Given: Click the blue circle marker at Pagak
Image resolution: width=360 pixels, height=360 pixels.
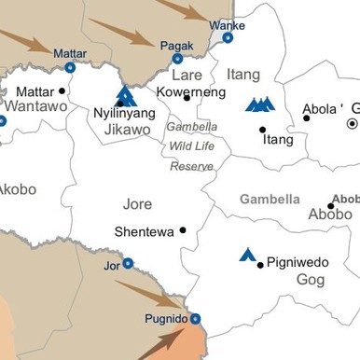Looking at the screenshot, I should pyautogui.click(x=177, y=59).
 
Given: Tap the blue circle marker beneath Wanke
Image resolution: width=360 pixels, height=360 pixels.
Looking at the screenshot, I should pyautogui.click(x=228, y=38).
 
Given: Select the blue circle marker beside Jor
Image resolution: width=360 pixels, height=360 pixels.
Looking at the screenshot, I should pyautogui.click(x=128, y=264).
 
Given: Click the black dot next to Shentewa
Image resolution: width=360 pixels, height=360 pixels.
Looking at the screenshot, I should pyautogui.click(x=183, y=229).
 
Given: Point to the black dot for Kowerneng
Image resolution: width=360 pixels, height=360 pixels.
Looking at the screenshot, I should pyautogui.click(x=187, y=97).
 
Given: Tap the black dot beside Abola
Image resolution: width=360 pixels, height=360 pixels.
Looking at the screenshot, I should pyautogui.click(x=307, y=118).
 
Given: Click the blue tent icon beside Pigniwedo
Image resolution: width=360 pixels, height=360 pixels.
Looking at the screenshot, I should pyautogui.click(x=247, y=254).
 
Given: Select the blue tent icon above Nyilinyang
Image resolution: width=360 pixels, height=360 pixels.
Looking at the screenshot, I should pyautogui.click(x=125, y=95).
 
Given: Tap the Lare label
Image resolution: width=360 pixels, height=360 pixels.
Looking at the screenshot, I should pyautogui.click(x=187, y=75).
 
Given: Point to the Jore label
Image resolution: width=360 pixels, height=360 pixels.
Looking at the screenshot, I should pyautogui.click(x=137, y=203).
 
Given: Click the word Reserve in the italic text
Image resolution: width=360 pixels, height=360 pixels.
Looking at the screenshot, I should pyautogui.click(x=191, y=166).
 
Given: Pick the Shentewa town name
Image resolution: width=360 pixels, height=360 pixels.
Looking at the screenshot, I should pyautogui.click(x=144, y=231).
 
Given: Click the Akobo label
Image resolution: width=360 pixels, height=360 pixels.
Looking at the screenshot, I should pyautogui.click(x=17, y=189).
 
